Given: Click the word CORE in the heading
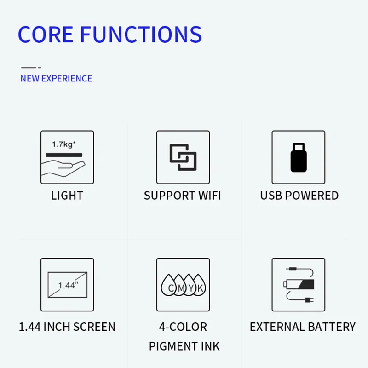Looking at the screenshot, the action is pyautogui.click(x=46, y=34).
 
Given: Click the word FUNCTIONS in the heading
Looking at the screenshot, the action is pyautogui.click(x=141, y=34).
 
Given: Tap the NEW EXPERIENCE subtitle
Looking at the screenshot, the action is pyautogui.click(x=56, y=78).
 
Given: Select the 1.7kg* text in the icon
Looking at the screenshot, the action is pyautogui.click(x=64, y=144).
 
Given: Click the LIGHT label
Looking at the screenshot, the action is pyautogui.click(x=67, y=195).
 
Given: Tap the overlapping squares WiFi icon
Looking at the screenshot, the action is pyautogui.click(x=183, y=157).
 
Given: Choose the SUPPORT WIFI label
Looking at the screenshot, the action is pyautogui.click(x=182, y=195).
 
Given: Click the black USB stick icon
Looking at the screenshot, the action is pyautogui.click(x=299, y=157).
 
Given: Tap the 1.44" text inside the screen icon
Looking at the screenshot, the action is pyautogui.click(x=68, y=285).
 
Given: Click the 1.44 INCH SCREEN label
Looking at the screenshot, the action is pyautogui.click(x=67, y=327).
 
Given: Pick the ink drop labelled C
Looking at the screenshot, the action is pyautogui.click(x=169, y=285).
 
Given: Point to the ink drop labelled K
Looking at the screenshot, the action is pyautogui.click(x=199, y=285).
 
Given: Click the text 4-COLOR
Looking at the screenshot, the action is pyautogui.click(x=183, y=327).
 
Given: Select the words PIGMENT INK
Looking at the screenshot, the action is pyautogui.click(x=184, y=346).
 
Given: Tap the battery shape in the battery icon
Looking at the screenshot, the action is pyautogui.click(x=299, y=284).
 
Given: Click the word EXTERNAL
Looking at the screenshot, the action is pyautogui.click(x=277, y=327).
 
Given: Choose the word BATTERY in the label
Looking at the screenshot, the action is pyautogui.click(x=332, y=327).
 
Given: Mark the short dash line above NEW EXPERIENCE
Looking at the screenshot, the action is pyautogui.click(x=31, y=68).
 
